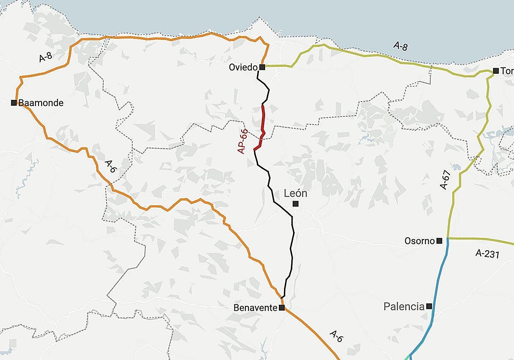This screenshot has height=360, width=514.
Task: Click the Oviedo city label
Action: click(243, 67)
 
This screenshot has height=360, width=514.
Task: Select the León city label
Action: click(296, 194)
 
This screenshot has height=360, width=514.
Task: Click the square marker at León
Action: click(295, 204)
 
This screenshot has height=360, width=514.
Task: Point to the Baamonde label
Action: click(41, 103)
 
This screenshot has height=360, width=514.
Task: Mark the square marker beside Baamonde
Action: click(14, 102)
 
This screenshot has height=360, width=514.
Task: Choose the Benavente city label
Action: click(255, 308)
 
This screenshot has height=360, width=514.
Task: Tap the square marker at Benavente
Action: click(281, 308)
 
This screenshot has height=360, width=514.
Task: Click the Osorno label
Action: click(419, 241)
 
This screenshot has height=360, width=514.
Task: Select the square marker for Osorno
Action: click(439, 241)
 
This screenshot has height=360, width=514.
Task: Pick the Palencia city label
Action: click(403, 306)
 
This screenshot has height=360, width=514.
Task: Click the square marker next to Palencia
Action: click(429, 306)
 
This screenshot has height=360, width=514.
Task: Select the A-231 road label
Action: click(487, 253)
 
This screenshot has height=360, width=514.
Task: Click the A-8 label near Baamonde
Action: click(45, 57)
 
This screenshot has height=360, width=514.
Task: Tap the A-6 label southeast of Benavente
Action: click(337, 336)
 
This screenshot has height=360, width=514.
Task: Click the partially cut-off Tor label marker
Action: click(496, 71)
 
